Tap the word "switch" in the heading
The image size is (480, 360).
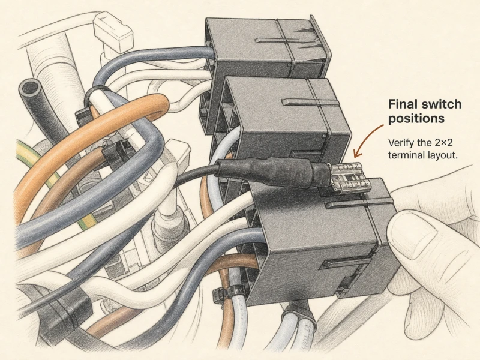442,104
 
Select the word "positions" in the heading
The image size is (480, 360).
416,118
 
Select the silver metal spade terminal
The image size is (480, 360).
349,178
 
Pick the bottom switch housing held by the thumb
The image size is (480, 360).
319,242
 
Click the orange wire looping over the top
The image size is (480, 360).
92,134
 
